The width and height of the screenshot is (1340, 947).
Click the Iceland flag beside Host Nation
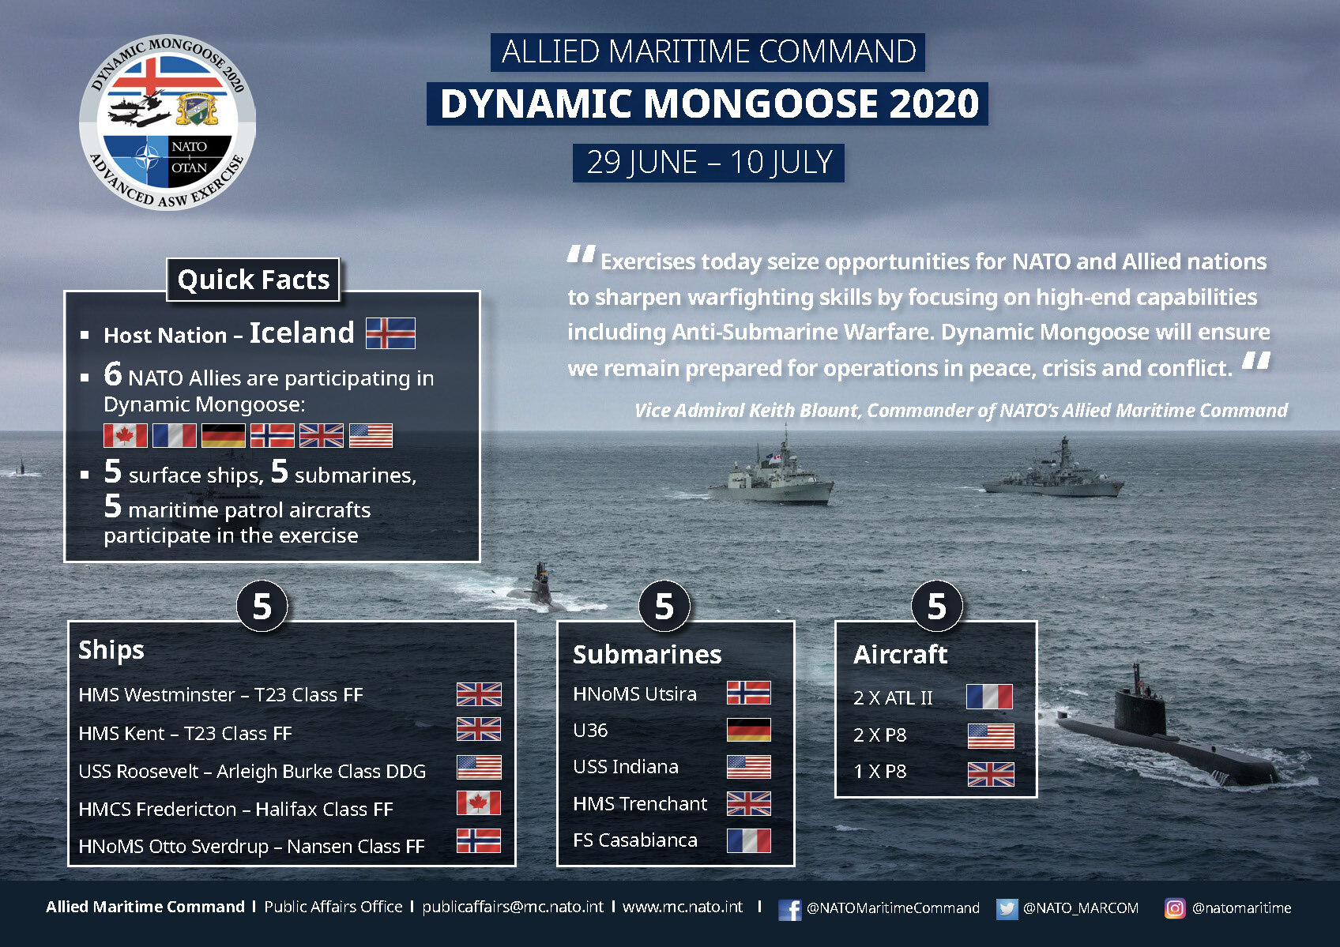pyautogui.click(x=390, y=333)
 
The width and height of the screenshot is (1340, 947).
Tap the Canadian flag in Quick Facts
pyautogui.click(x=125, y=435)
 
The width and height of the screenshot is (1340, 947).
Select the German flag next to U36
pyautogui.click(x=749, y=730)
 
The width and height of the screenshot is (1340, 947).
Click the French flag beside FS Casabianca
pyautogui.click(x=749, y=840)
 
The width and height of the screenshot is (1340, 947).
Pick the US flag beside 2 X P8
pyautogui.click(x=991, y=736)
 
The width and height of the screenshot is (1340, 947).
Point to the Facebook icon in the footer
pyautogui.click(x=789, y=909)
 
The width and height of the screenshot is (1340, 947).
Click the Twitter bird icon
pyautogui.click(x=1007, y=909)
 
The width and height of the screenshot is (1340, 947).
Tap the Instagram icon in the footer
pyautogui.click(x=1174, y=908)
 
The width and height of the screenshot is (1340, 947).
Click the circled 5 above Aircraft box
pyautogui.click(x=937, y=607)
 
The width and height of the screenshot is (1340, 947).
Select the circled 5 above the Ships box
pyautogui.click(x=262, y=607)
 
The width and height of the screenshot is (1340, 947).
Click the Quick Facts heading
pyautogui.click(x=253, y=279)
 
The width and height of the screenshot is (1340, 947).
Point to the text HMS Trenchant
pyautogui.click(x=639, y=803)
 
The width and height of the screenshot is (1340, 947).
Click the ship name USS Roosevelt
pyautogui.click(x=138, y=771)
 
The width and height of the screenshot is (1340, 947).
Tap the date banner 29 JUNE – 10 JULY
pyautogui.click(x=708, y=163)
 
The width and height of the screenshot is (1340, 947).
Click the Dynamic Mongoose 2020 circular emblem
pyautogui.click(x=167, y=122)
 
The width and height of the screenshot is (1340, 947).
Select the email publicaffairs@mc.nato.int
pyautogui.click(x=513, y=907)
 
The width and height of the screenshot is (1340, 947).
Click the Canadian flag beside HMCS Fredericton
pyautogui.click(x=479, y=803)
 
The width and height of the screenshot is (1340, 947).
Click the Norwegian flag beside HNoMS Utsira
pyautogui.click(x=749, y=693)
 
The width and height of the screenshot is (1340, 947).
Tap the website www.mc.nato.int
pyautogui.click(x=683, y=907)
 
